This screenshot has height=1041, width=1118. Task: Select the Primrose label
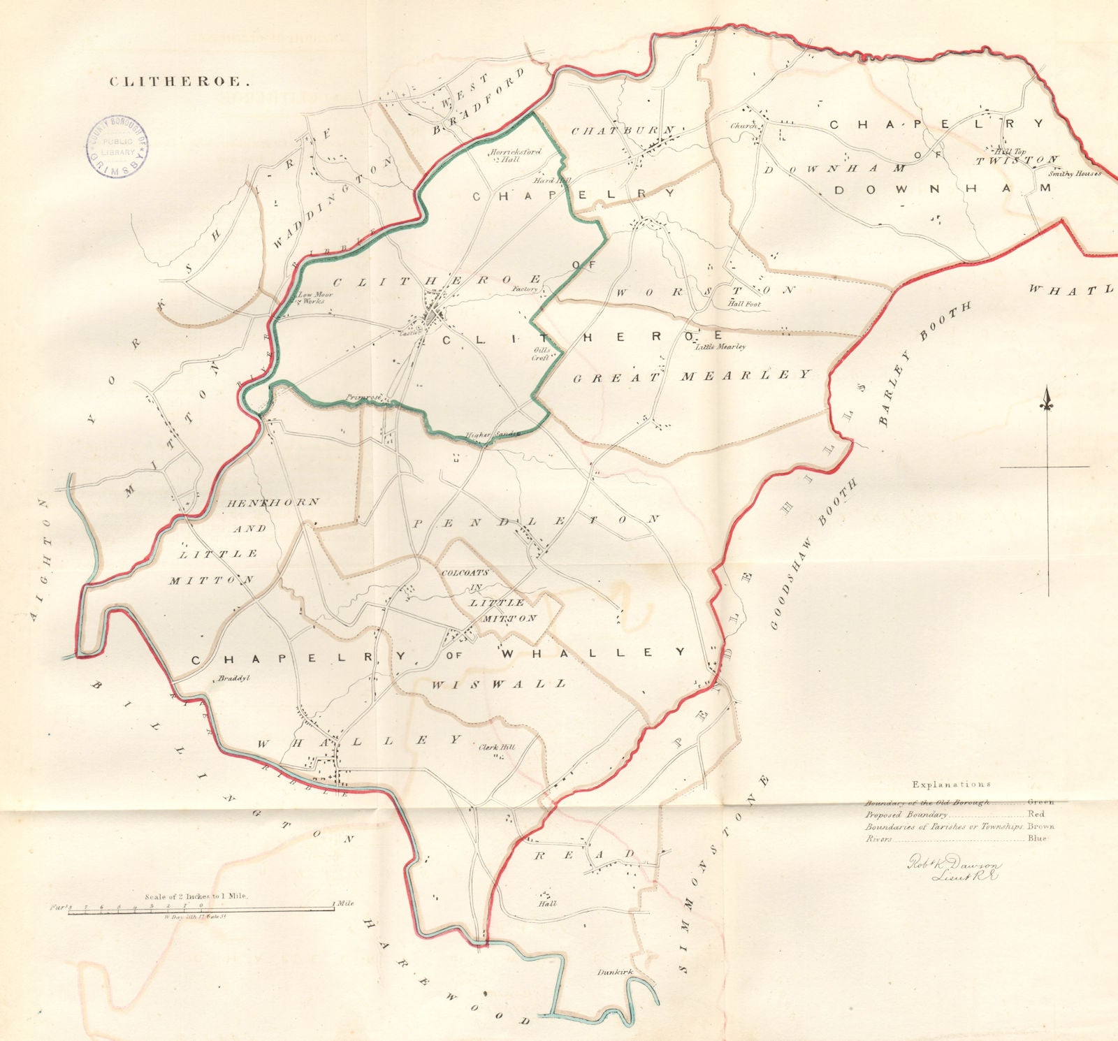[x=364, y=398]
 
